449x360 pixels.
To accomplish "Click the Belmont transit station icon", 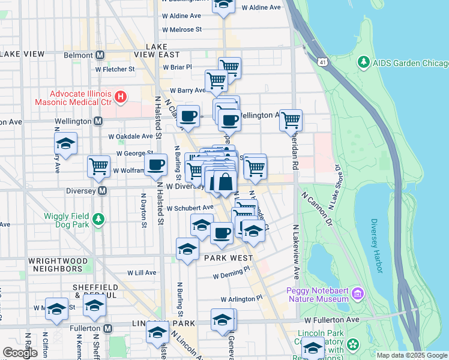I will pos(100,55).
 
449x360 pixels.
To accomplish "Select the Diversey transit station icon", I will pos(102,191).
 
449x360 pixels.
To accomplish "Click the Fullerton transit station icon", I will pos(107,329).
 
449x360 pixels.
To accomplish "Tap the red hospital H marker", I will pos(121,96).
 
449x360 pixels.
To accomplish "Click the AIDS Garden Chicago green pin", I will pos(363,62).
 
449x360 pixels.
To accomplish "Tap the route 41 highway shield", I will pos(324,62).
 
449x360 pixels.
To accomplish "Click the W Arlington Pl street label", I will pos(241,298).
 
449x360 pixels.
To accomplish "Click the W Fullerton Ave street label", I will pos(331,320).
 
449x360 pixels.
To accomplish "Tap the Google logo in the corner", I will pos(20,352).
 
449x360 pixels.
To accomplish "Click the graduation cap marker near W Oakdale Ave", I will pos(66,143).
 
